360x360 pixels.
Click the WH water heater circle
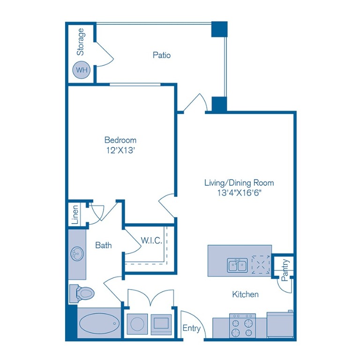coord(82,71)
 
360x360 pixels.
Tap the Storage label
coord(81,42)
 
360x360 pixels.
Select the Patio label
coord(162,55)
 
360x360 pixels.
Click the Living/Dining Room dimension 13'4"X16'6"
coord(239,193)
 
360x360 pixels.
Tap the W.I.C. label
coord(151,241)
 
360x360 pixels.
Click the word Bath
coord(104,245)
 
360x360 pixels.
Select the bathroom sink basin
coord(77,254)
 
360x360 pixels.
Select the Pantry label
coord(285,270)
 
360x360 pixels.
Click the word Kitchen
coord(245,295)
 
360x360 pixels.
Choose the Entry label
coord(191,328)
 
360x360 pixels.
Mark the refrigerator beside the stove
coord(280,324)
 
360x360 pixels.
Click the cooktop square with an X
coord(260,264)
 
